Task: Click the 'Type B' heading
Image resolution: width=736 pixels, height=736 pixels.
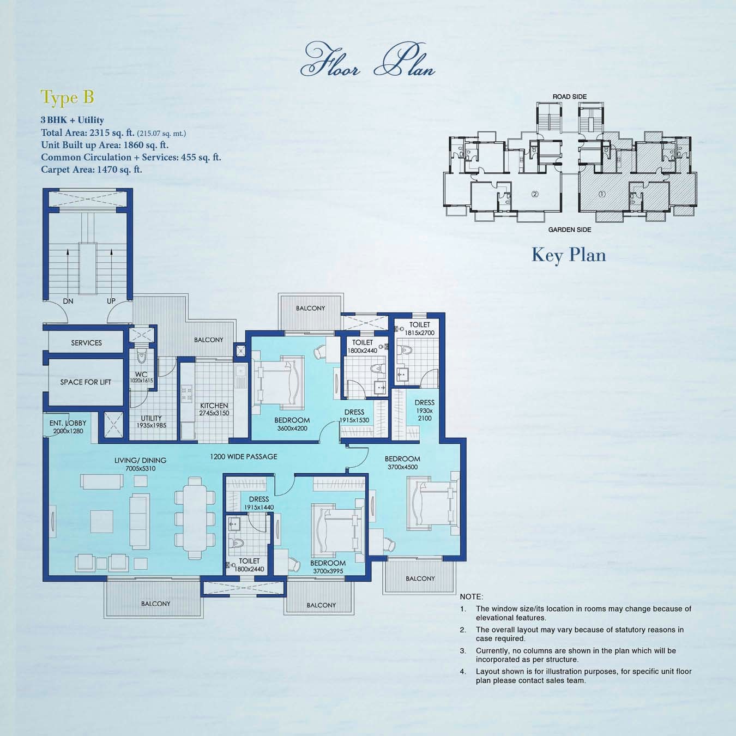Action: point(68,98)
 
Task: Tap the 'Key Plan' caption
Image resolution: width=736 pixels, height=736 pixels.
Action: point(569,255)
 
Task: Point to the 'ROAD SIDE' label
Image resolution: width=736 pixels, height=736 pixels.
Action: point(569,96)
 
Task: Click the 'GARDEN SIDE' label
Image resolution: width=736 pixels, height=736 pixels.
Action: point(569,230)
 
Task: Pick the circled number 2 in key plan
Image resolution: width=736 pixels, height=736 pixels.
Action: point(535,194)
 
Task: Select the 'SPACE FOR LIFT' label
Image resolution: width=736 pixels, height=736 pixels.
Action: point(86,382)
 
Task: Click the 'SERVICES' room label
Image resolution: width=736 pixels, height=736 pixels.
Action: point(86,343)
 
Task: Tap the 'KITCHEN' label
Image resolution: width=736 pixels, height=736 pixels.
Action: point(214,406)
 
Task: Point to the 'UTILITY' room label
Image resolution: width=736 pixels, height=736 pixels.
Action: point(151,418)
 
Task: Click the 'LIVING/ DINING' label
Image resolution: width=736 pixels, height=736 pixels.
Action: point(140,461)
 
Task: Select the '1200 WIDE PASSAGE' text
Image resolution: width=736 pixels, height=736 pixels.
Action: point(244,456)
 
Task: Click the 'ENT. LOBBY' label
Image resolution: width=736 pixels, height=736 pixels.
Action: point(68,423)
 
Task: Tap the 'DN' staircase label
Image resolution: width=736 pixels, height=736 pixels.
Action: point(68,301)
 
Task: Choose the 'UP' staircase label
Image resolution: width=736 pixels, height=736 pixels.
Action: point(111,301)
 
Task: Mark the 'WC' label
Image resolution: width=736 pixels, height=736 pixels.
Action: point(141,375)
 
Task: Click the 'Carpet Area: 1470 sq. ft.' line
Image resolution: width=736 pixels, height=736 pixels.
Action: point(92,170)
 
